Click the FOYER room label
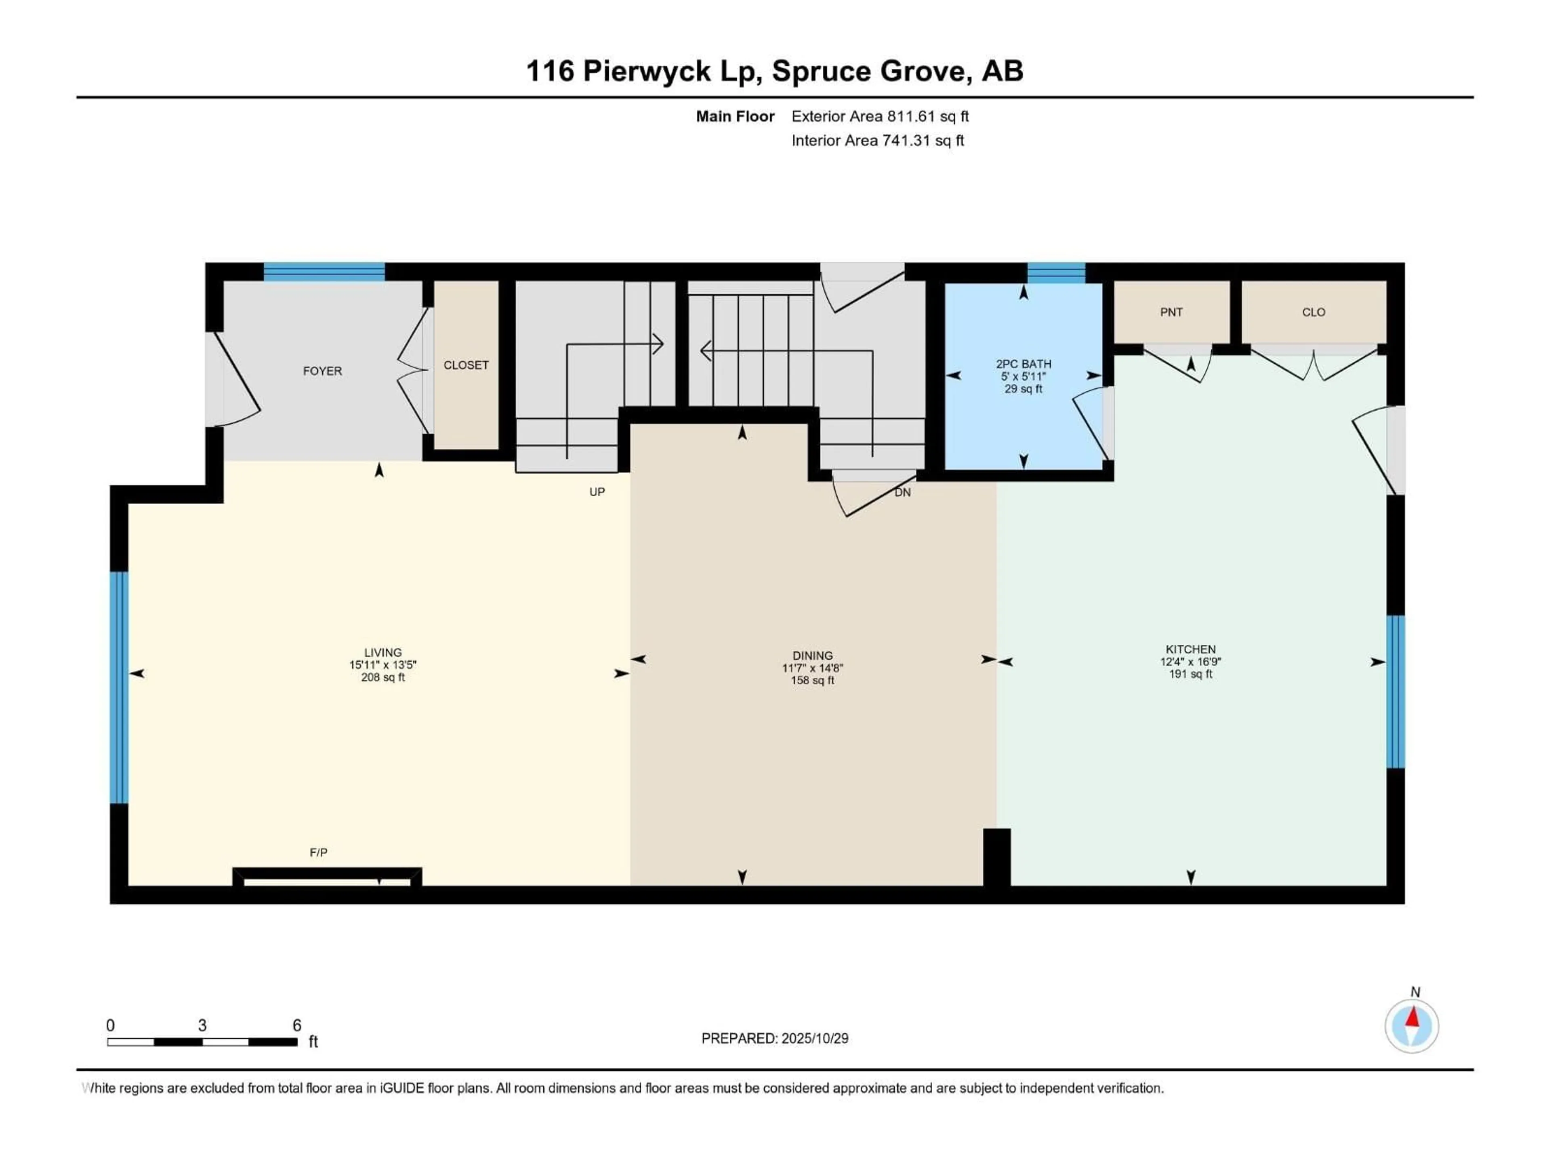322,371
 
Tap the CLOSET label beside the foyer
466,365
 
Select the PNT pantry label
1171,312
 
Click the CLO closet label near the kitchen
1314,312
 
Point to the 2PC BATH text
1023,363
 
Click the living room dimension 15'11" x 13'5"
383,664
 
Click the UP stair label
597,492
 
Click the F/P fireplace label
318,852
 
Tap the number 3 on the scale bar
202,1025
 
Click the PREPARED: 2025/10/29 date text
774,1038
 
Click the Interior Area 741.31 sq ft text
877,140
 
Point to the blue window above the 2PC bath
1056,272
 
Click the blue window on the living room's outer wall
119,687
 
